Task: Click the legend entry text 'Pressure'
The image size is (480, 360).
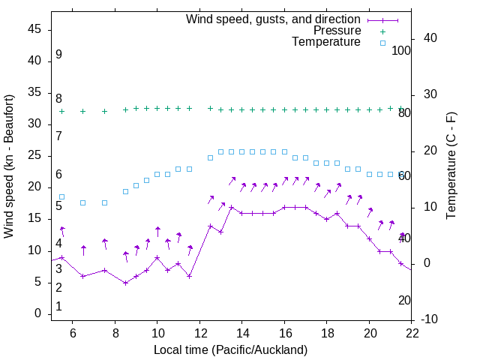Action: coord(338,31)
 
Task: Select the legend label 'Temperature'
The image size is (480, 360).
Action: coord(326,42)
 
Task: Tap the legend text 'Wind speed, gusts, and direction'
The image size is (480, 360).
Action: coord(274,19)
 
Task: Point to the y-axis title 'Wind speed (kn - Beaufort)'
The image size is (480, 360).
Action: coord(9,166)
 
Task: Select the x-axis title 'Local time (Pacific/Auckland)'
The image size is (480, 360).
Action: coord(230,349)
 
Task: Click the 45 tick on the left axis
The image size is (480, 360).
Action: coord(34,28)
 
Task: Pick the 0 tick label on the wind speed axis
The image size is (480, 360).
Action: coord(37,313)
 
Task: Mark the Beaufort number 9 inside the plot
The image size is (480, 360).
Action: coord(58,55)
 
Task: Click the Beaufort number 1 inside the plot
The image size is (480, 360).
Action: coord(58,307)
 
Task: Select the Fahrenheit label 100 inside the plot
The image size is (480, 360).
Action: coord(401,50)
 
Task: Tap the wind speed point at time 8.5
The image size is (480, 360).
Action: coord(126,283)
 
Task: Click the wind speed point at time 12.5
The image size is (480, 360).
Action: coord(211,226)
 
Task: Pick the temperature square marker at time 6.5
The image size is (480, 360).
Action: coord(83,202)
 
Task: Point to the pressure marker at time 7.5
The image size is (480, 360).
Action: coord(105,111)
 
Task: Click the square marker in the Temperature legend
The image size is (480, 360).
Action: coord(382,43)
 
